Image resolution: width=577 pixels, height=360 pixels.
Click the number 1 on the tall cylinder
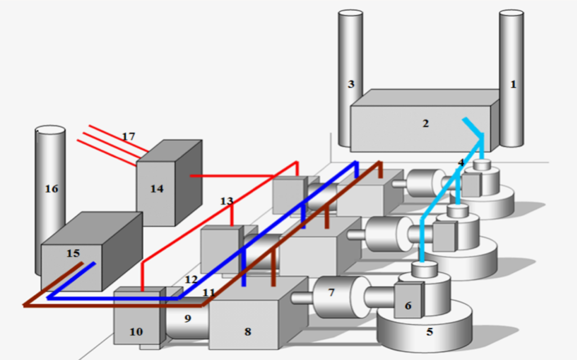tap(513, 85)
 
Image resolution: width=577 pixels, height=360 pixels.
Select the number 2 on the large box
tap(425, 123)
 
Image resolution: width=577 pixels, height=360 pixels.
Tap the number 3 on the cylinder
tap(351, 85)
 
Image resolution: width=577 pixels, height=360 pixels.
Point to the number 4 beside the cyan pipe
tap(461, 162)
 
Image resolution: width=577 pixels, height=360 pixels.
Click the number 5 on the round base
tap(429, 332)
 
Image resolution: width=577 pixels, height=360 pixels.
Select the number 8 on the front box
tap(248, 332)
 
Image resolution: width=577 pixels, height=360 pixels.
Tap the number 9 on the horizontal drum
tap(188, 318)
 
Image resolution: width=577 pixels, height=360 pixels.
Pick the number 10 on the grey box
tap(136, 332)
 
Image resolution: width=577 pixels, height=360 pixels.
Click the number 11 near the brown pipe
tap(208, 292)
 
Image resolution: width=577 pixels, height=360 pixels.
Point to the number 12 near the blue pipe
tap(191, 279)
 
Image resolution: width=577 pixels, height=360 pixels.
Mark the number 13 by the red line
tap(227, 201)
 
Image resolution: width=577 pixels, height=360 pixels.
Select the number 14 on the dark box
tap(157, 189)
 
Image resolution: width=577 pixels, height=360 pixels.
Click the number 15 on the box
tap(73, 254)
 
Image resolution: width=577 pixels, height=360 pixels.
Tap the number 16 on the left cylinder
tap(51, 189)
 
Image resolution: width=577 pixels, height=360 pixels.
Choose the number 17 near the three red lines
tap(128, 136)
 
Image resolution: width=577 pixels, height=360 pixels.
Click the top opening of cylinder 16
tap(50, 130)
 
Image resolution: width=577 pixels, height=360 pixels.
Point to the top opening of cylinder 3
tap(350, 14)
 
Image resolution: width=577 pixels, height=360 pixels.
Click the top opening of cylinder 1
tap(512, 14)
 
